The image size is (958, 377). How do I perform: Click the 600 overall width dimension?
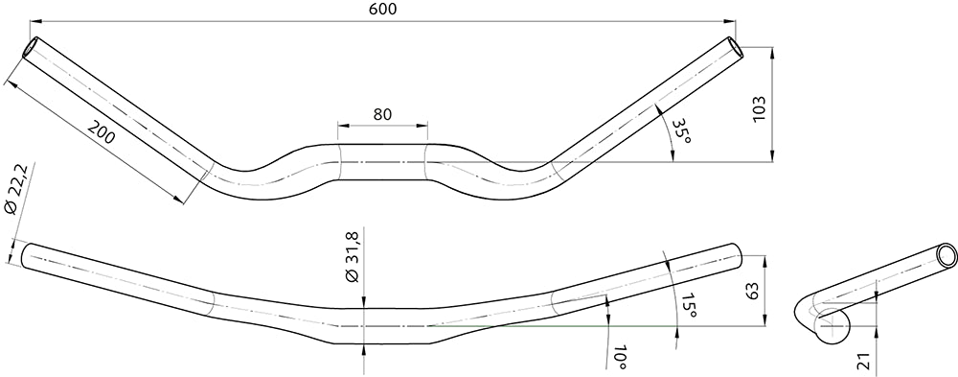point(383,9)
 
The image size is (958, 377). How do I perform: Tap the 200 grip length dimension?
point(102,132)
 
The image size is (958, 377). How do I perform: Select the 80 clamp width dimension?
point(382,114)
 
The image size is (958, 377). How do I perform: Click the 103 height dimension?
point(760,109)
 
